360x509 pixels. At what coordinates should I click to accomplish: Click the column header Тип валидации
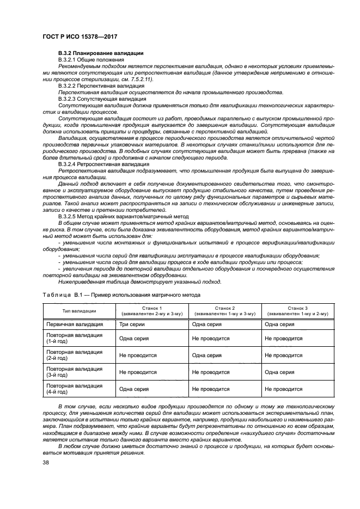(x=80, y=311)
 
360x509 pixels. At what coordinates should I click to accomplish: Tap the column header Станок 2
(x=224, y=308)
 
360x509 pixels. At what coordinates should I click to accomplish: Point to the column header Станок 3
(x=298, y=308)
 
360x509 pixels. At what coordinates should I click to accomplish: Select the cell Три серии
(x=132, y=324)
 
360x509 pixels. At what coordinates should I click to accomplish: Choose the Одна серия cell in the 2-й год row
(x=206, y=355)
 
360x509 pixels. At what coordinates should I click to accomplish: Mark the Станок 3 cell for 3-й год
(x=279, y=372)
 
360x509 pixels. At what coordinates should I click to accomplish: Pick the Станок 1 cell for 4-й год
(x=133, y=390)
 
